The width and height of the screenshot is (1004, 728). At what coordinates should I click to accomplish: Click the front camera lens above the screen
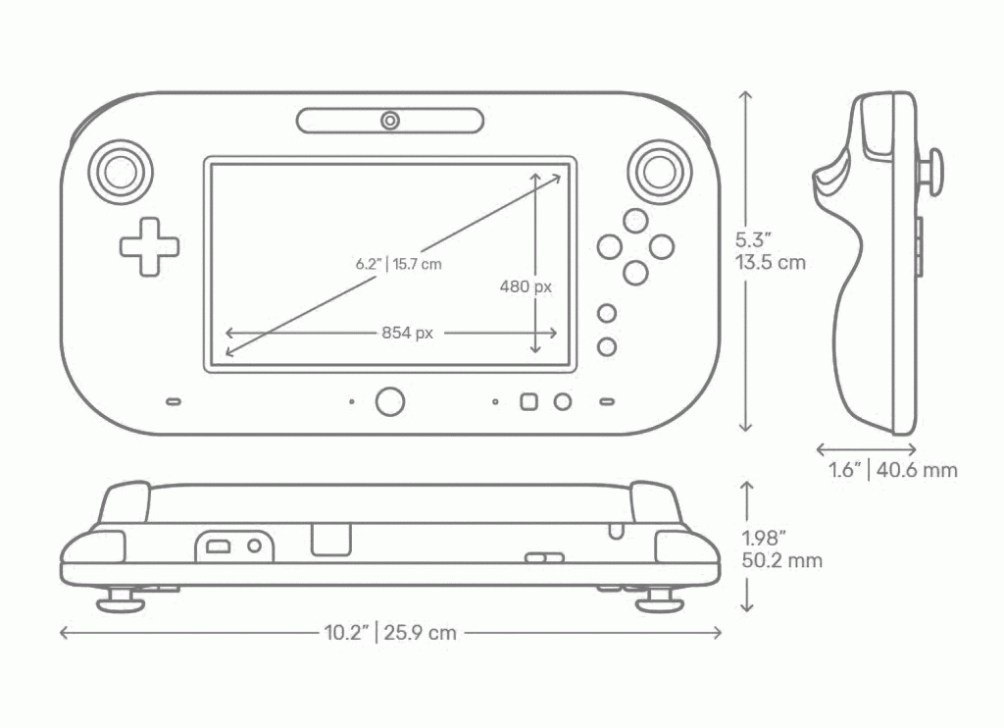pos(390,121)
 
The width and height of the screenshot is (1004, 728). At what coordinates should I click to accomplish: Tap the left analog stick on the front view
pos(120,172)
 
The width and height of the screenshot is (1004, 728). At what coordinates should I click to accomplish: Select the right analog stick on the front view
pos(660,172)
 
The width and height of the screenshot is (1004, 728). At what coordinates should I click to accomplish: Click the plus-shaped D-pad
pos(149,247)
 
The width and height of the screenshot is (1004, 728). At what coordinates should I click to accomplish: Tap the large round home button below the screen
pos(390,402)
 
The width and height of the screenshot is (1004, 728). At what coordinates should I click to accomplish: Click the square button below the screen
pos(528,402)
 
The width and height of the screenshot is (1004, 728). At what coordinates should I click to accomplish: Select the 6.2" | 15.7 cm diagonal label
pos(399,264)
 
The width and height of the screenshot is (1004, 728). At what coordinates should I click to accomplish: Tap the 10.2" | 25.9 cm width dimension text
pos(390,633)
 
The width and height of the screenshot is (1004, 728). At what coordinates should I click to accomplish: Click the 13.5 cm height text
pos(771,263)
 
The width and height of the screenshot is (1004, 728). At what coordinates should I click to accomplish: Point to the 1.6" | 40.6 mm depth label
pos(893,470)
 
